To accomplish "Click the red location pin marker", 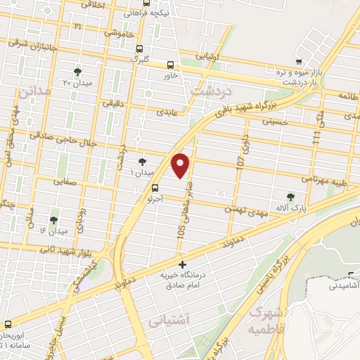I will (181, 165).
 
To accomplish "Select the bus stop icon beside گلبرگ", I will (139, 49).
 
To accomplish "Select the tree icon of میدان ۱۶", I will (53, 221).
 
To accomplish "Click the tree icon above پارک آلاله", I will (291, 196).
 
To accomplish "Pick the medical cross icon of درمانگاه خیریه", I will (183, 265).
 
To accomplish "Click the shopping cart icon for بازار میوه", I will (300, 60).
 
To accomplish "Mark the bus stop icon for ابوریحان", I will (8, 324).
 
